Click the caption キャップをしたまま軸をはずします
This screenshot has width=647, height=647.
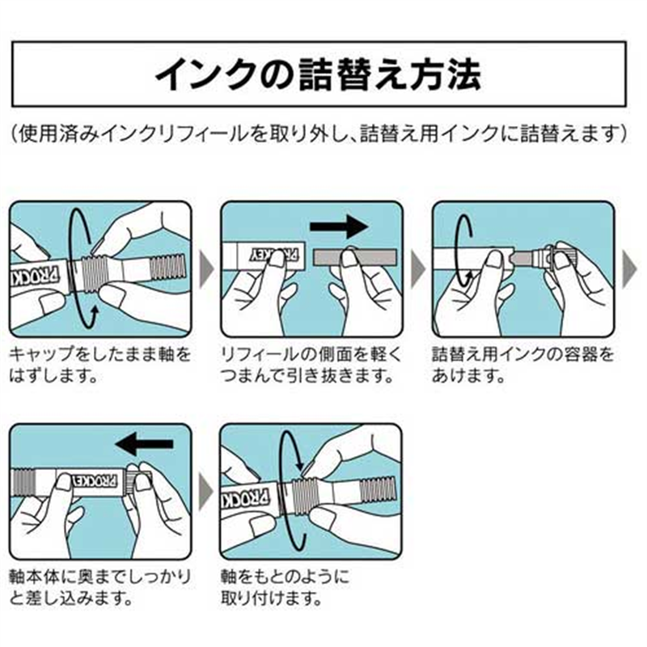[101, 365]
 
